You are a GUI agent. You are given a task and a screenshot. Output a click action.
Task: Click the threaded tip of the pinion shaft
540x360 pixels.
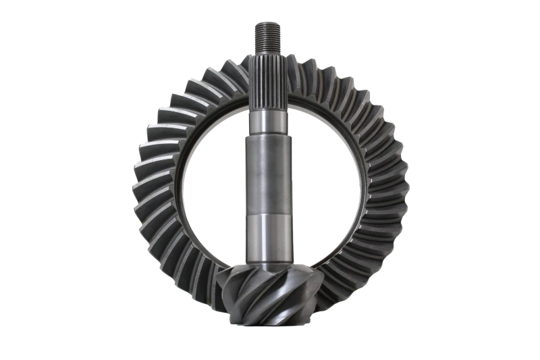pyautogui.click(x=268, y=34)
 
